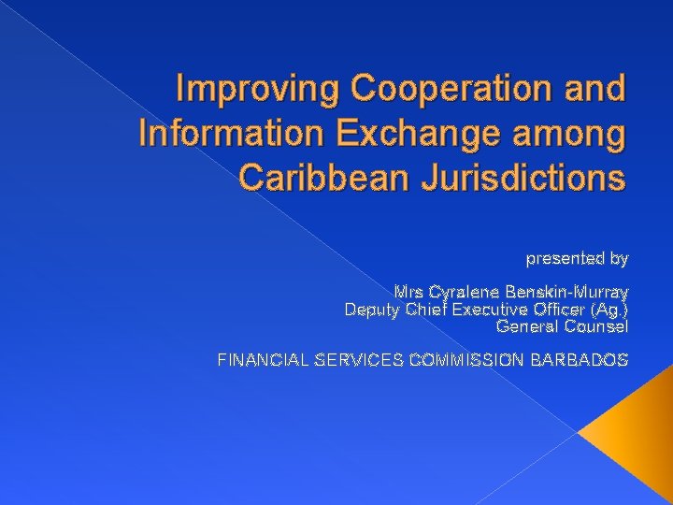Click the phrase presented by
click(577, 257)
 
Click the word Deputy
click(373, 310)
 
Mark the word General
click(526, 326)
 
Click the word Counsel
click(595, 326)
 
